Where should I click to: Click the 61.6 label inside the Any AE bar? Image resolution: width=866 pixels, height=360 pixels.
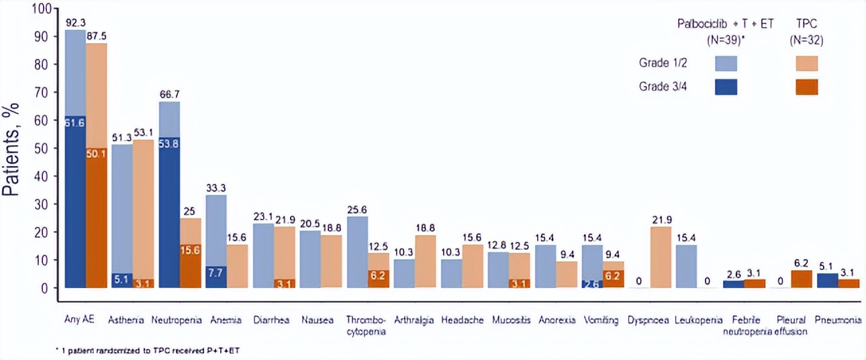pos(75,122)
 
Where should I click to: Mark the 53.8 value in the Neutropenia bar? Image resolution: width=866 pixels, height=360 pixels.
pos(169,144)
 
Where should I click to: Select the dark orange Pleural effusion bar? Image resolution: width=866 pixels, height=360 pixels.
pos(802,279)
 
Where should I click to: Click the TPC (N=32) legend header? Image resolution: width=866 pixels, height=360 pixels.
pos(806,31)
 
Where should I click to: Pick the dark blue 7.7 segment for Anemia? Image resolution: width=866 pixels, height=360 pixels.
pos(215,277)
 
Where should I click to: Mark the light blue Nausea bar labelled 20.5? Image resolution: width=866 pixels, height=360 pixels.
pos(310,259)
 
